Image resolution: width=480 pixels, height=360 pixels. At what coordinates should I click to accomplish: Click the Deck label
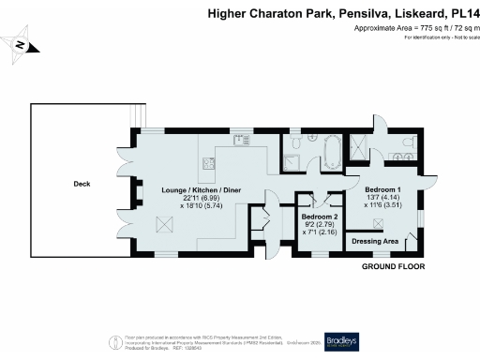(x=82, y=184)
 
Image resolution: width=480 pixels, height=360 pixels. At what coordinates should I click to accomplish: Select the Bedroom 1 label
(x=384, y=189)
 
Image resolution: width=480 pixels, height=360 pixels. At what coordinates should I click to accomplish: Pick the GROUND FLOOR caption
(x=393, y=267)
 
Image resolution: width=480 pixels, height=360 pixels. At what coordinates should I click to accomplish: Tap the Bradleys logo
(x=342, y=340)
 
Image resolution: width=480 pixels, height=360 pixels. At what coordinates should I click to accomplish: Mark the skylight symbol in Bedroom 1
(x=380, y=222)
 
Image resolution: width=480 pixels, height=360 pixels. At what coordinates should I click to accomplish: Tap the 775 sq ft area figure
(x=406, y=30)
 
